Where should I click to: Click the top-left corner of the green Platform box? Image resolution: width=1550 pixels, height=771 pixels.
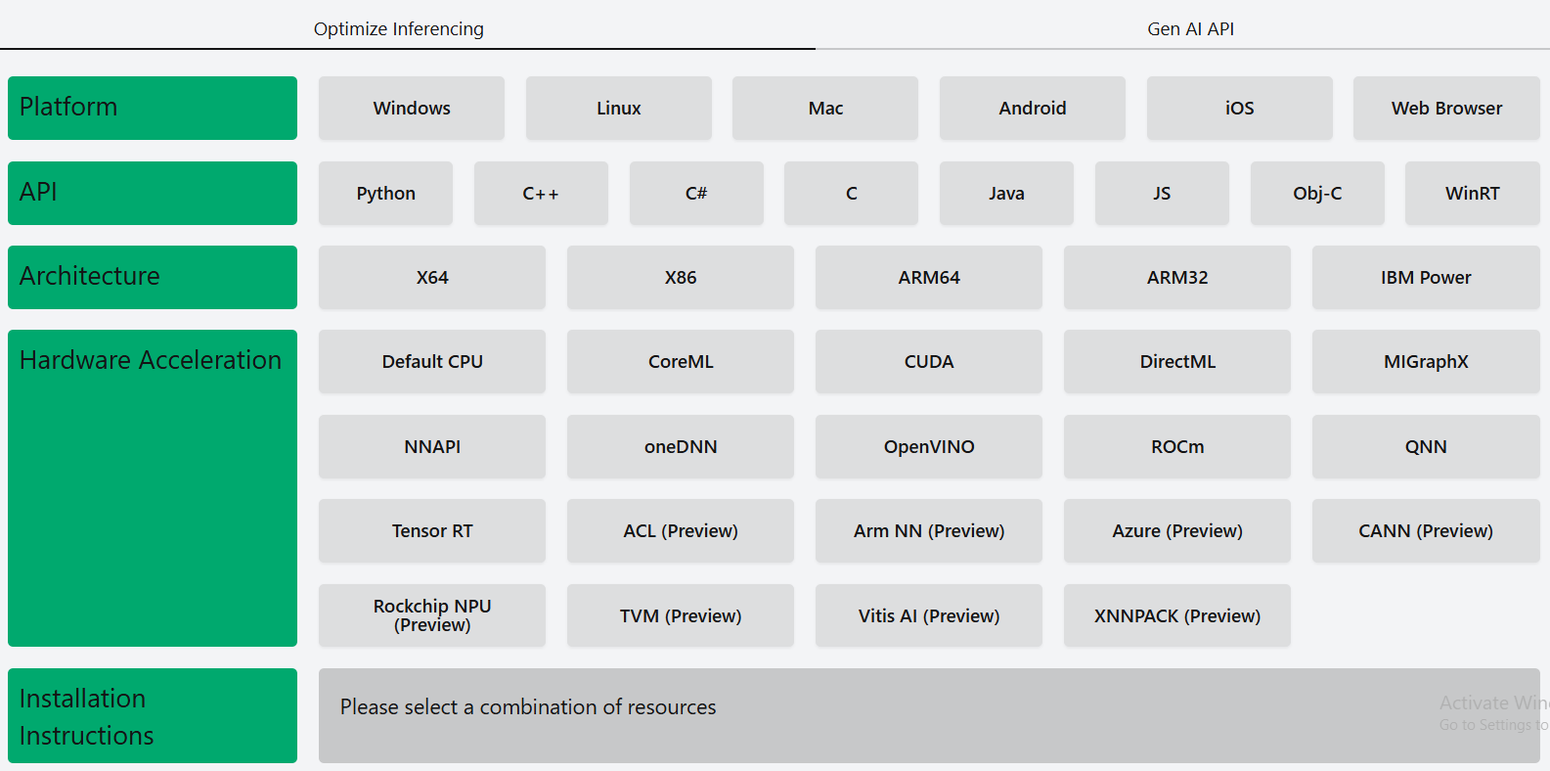pyautogui.click(x=8, y=77)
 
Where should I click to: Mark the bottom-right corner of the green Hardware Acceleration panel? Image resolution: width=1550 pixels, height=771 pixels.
pyautogui.click(x=297, y=647)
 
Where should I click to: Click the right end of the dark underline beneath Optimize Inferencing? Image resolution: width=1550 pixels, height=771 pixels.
pyautogui.click(x=816, y=49)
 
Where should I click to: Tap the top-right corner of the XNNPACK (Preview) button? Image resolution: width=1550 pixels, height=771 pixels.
pyautogui.click(x=1291, y=585)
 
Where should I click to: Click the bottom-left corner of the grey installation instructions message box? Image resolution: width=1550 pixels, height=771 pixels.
pyautogui.click(x=319, y=763)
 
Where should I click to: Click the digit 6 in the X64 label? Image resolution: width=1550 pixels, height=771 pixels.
pyautogui.click(x=433, y=278)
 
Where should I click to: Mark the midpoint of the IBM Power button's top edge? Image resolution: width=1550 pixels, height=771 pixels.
pyautogui.click(x=1426, y=247)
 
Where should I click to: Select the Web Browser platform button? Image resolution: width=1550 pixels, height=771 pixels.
pyautogui.click(x=1447, y=108)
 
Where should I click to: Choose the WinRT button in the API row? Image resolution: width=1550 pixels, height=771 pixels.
pyautogui.click(x=1473, y=193)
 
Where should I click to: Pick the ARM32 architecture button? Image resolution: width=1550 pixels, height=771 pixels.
pyautogui.click(x=1177, y=278)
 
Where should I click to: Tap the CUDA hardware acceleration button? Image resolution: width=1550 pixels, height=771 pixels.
pyautogui.click(x=929, y=361)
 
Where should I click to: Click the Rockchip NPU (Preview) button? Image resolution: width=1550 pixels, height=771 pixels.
pyautogui.click(x=432, y=615)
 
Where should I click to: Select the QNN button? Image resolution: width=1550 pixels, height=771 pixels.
pyautogui.click(x=1426, y=446)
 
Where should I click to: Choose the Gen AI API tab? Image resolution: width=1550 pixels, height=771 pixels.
pyautogui.click(x=1190, y=29)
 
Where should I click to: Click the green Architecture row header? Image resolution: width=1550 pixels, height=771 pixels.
pyautogui.click(x=153, y=278)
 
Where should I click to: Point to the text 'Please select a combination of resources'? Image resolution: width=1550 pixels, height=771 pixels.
pyautogui.click(x=528, y=706)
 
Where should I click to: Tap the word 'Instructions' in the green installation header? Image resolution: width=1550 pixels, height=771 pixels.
pyautogui.click(x=86, y=736)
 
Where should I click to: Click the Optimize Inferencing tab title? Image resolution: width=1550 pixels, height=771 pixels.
pyautogui.click(x=399, y=29)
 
